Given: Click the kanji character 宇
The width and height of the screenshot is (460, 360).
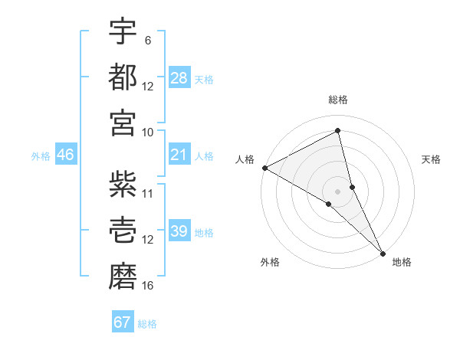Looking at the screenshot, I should coord(123,31).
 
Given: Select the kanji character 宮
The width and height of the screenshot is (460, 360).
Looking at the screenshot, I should coord(123,121).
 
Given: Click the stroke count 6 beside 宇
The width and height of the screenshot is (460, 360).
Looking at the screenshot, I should coord(148,41).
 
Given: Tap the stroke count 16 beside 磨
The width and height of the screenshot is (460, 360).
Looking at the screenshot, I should coord(148,286).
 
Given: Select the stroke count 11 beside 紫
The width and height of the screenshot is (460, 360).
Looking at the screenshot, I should coord(148,194).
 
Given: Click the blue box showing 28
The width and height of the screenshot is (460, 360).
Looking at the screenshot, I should coord(179,77).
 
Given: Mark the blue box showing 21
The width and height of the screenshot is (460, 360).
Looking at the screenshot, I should coord(179,155).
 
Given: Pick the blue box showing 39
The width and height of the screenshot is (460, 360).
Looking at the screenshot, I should coord(179,231).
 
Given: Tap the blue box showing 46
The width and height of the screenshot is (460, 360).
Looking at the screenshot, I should coord(66,155).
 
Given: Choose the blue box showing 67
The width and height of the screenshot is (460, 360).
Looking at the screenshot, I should coord(123,322).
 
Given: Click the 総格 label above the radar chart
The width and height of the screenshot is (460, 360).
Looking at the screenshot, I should coord(338,100).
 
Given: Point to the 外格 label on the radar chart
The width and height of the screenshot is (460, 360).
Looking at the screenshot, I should coord(270,263).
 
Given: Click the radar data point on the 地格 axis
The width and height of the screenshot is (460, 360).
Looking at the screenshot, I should coord(383,252).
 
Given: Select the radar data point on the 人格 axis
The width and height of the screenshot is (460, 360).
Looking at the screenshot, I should coord(264,168).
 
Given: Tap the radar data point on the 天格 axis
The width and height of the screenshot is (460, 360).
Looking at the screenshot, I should coord(353,186).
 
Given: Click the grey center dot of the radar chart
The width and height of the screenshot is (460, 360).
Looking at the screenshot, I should coord(338,191).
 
